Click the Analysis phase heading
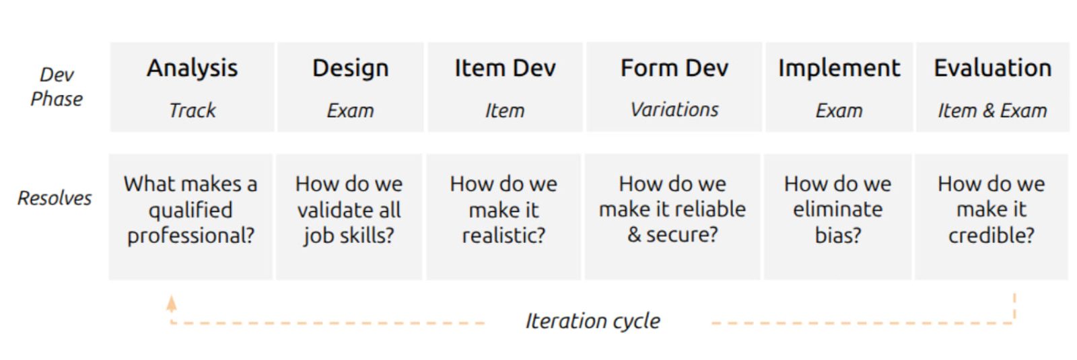coord(193,68)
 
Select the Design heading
coord(351,68)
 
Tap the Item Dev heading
coord(505,68)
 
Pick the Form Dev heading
coord(674,68)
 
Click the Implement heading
coord(839,69)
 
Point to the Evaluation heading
coord(992,68)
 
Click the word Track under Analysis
coord(193,110)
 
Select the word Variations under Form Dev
coord(674,110)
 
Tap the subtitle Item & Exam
coord(992,110)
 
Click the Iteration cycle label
coord(593,321)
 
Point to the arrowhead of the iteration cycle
coord(171,303)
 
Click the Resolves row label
coord(55,198)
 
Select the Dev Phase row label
coord(57,87)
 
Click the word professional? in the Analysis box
coord(191,236)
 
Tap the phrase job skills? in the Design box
coord(349,236)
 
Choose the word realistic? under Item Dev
coord(503,236)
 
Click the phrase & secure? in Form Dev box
coord(672,235)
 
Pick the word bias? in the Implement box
coord(837,236)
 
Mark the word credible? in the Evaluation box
coord(991,236)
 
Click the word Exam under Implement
coord(839,110)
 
